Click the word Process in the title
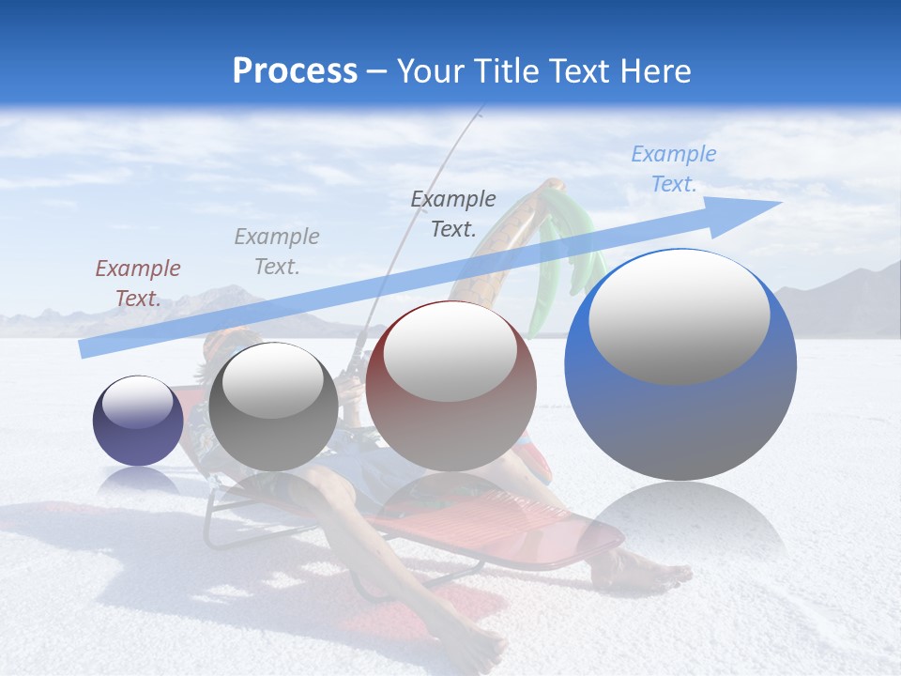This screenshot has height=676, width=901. [295, 71]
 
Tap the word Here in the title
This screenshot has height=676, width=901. [652, 71]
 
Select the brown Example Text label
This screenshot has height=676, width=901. [137, 283]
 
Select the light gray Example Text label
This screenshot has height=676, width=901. [276, 251]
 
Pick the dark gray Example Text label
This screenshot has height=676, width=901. [452, 213]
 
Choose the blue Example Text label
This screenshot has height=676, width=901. [673, 169]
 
